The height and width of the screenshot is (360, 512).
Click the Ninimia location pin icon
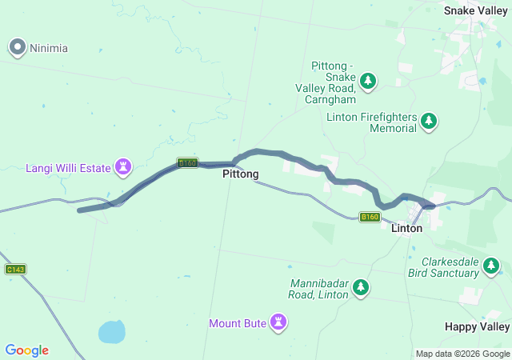tap(18, 47)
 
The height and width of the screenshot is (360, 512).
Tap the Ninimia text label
tap(49, 48)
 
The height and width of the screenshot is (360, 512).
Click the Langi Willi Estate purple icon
tap(123, 167)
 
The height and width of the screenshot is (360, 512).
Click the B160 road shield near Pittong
tap(187, 162)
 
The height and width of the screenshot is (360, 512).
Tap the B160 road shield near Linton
tap(370, 217)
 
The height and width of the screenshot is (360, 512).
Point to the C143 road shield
tap(15, 269)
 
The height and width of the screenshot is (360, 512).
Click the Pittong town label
tap(240, 174)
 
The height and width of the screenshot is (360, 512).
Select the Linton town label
tap(406, 229)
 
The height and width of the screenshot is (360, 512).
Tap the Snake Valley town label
tap(477, 10)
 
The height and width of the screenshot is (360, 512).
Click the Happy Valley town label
tap(477, 327)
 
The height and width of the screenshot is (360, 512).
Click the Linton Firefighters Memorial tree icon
tap(430, 121)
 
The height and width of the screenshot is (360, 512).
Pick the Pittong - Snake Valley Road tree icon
tap(368, 80)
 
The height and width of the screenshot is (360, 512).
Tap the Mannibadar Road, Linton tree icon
tap(361, 286)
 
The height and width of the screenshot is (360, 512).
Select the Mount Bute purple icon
tap(278, 322)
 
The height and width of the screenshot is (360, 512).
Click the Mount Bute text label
tap(238, 323)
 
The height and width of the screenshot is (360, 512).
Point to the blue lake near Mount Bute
tap(112, 330)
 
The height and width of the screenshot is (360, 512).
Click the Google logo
tap(26, 350)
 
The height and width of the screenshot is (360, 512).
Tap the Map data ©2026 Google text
tap(462, 354)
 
